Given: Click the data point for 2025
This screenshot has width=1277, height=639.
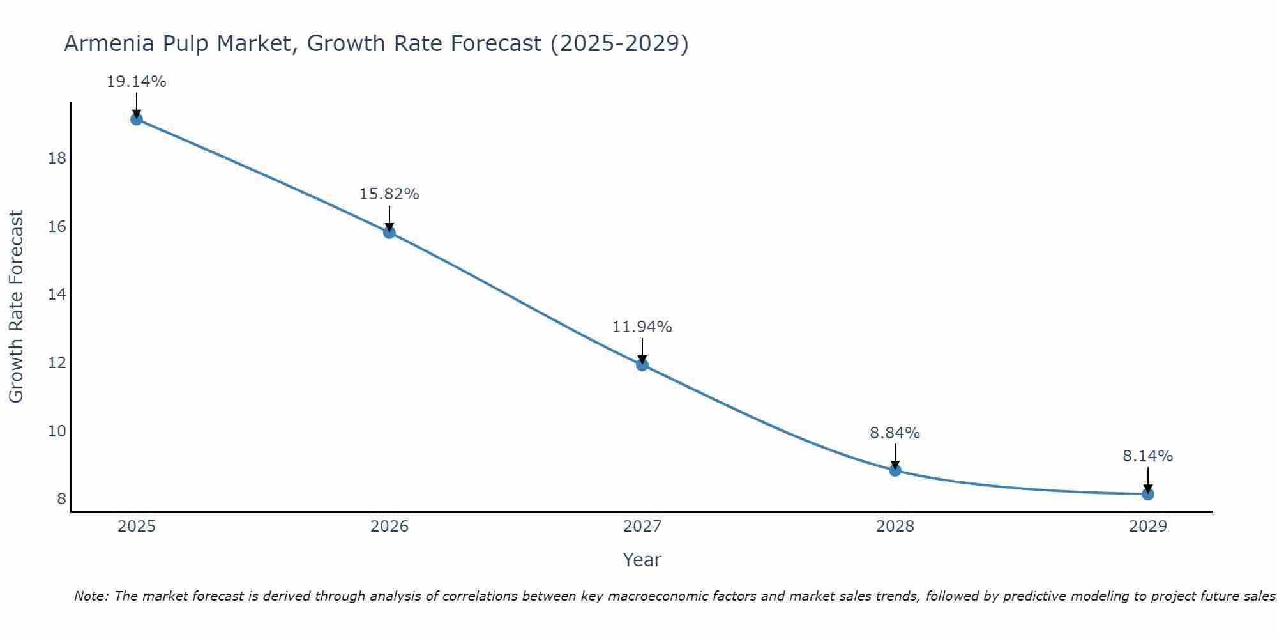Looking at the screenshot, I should point(136,119).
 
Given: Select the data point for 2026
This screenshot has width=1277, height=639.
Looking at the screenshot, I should point(389,232).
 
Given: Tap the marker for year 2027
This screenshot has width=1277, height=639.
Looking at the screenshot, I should point(642,365).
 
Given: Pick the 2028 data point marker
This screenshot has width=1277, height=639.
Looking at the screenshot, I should point(895,470).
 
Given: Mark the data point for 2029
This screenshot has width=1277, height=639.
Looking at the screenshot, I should point(1147,494).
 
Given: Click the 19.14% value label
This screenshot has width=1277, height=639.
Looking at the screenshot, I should point(136,82).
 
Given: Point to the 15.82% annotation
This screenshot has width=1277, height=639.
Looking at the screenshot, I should point(389,194).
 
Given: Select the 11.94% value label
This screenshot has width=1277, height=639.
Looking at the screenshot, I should point(642,327).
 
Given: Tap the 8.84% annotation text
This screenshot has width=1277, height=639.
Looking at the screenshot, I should point(895,433).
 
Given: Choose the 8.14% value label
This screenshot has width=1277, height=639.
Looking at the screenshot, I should point(1147,456).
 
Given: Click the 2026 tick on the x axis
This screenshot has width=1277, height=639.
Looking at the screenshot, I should point(389,527).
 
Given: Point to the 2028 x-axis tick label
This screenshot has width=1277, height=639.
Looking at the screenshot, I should point(895,527).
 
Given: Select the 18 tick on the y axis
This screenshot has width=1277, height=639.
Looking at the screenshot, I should point(57,158).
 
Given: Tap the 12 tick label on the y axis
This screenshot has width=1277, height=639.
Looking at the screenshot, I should point(57,363).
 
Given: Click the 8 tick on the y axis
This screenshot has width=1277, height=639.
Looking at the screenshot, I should point(61,499).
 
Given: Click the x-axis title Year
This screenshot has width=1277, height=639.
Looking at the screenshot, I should point(642,560).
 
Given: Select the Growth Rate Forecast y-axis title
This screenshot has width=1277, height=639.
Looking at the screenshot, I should point(16,307).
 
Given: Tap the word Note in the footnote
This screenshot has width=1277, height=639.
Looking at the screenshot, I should point(91,596).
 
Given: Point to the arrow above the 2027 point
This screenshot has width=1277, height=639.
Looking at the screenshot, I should point(642,350).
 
